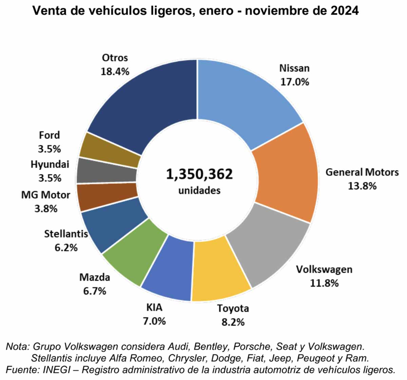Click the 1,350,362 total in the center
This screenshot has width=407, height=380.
click(199, 174)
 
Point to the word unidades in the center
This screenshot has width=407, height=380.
click(199, 191)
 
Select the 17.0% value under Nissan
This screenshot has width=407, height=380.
click(294, 82)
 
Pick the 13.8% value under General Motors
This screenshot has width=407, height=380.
click(362, 186)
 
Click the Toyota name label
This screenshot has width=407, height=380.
click(233, 308)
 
